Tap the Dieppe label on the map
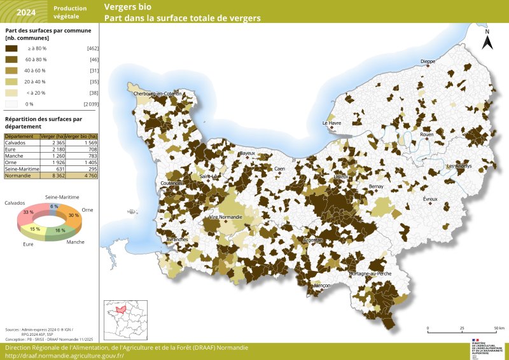pos(428,62)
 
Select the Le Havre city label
pos(331,123)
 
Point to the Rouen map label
pos(426,134)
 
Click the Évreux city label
pos(431,199)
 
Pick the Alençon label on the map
pos(322,286)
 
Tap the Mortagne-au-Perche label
pos(370,273)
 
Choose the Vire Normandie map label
pos(225,218)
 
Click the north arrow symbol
pos(487,41)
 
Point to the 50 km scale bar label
pos(500,328)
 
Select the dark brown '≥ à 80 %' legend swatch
pos(11,48)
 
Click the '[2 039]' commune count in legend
pos(91,103)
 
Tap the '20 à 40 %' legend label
pos(36,81)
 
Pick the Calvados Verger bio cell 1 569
pos(88,143)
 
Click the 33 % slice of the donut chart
pos(29,212)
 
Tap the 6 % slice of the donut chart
pos(54,207)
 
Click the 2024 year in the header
pos(26,12)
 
